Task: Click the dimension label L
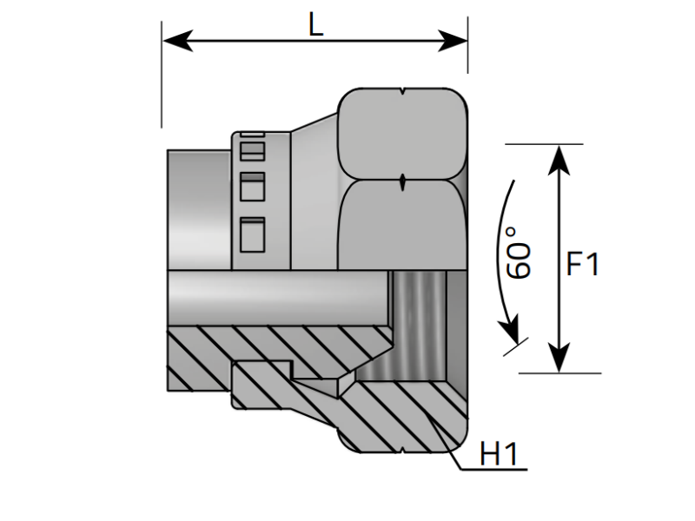click(x=315, y=24)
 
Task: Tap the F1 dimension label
click(x=582, y=263)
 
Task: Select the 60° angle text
click(x=519, y=253)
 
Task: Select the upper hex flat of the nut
click(x=404, y=135)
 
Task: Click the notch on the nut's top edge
click(x=404, y=90)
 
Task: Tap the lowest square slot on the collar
click(x=251, y=233)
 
